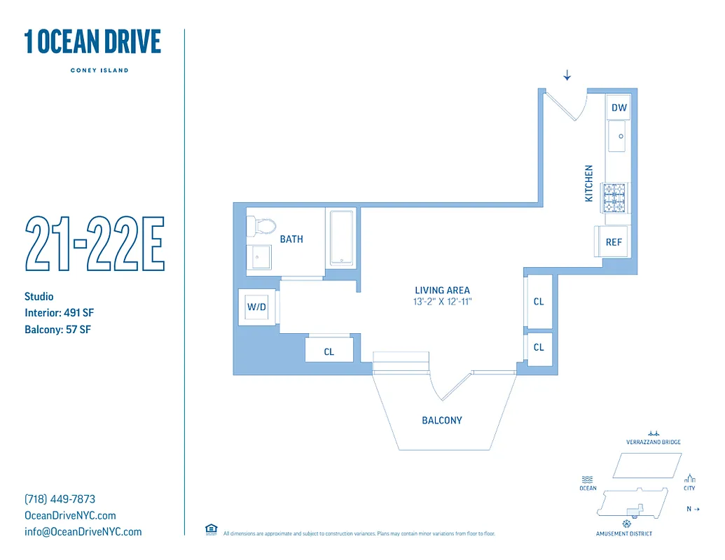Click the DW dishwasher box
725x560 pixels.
(619, 108)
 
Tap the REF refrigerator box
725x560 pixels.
(614, 242)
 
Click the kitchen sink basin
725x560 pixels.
(618, 136)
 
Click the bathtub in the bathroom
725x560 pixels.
(341, 237)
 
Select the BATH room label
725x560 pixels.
(291, 239)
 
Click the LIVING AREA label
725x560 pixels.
(442, 290)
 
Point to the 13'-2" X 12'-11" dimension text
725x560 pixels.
(442, 302)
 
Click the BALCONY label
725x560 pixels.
(442, 421)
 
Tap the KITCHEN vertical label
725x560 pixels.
(589, 183)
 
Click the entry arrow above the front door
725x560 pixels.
(567, 76)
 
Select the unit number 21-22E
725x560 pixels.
(95, 244)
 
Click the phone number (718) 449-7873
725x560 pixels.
(60, 499)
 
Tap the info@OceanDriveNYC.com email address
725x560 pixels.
(83, 532)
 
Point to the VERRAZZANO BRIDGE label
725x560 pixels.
(654, 442)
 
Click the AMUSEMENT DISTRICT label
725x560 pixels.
(623, 534)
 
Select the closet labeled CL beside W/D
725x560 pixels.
(329, 351)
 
